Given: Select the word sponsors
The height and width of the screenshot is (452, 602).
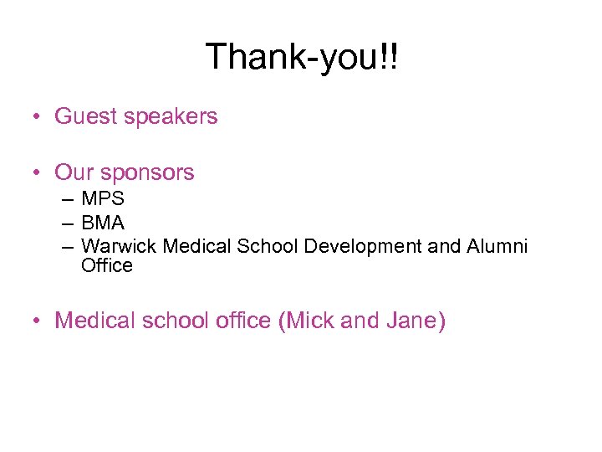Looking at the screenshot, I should [x=147, y=173].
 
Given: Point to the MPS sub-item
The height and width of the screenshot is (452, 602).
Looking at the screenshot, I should [x=103, y=199].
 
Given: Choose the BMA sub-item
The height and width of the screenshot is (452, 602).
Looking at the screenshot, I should [x=103, y=223].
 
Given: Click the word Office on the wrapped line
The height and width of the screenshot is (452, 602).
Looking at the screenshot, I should [x=107, y=265].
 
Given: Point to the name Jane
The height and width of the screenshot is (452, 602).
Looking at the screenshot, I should [x=410, y=321].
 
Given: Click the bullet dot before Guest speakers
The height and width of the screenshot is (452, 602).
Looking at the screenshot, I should [x=38, y=117].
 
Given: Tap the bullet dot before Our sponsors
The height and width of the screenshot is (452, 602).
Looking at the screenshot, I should [x=38, y=173].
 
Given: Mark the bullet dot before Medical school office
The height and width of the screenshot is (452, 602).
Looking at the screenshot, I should [x=38, y=321].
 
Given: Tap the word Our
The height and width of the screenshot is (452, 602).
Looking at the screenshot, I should [x=74, y=173].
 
